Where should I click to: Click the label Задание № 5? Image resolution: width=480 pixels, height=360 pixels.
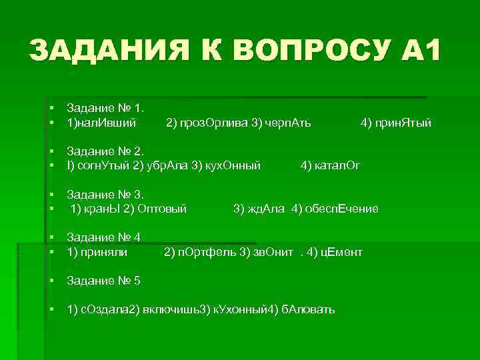[103, 281]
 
